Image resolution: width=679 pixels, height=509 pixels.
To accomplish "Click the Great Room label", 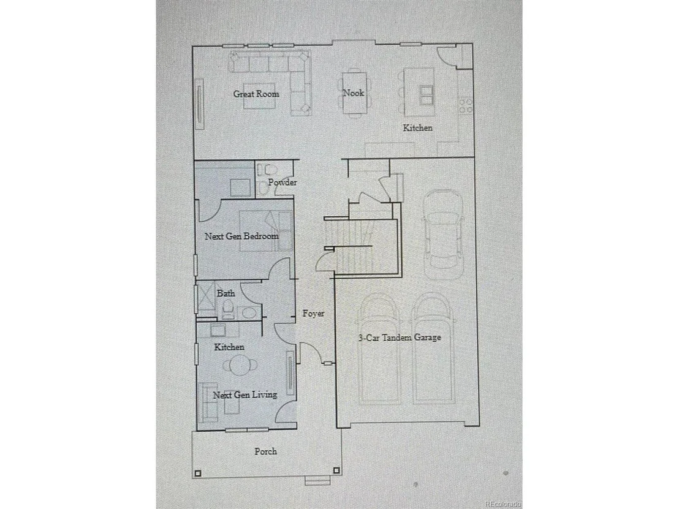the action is (256, 94).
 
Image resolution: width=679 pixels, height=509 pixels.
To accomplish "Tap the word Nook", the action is (354, 92).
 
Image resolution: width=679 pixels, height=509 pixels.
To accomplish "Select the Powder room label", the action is (283, 182).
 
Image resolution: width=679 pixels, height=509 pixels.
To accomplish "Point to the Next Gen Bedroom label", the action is (241, 236).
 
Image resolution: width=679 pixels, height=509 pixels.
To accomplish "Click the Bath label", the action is (226, 293).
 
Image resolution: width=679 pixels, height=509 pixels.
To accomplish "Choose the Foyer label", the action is (313, 314).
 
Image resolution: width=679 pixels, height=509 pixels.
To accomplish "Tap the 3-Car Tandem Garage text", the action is (400, 337).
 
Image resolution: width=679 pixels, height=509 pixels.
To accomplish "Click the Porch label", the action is (265, 451).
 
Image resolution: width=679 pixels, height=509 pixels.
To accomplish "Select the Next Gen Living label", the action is (245, 394).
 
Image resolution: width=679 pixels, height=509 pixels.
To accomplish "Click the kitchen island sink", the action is (426, 96).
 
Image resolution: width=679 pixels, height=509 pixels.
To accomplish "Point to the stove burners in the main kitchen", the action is (466, 105).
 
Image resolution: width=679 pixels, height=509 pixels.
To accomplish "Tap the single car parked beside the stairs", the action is (442, 236).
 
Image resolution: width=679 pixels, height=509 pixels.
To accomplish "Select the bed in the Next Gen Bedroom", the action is (265, 231).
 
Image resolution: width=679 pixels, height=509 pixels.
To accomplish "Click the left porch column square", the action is (198, 473).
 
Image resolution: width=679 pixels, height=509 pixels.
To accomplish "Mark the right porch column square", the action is (336, 470).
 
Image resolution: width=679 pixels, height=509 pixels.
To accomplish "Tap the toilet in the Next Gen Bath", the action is (228, 311).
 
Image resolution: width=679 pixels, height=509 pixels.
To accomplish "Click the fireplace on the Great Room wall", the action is (200, 104).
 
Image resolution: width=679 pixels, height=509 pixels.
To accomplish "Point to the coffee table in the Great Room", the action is (259, 96).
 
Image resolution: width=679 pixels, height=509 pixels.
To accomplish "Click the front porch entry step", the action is (317, 480).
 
